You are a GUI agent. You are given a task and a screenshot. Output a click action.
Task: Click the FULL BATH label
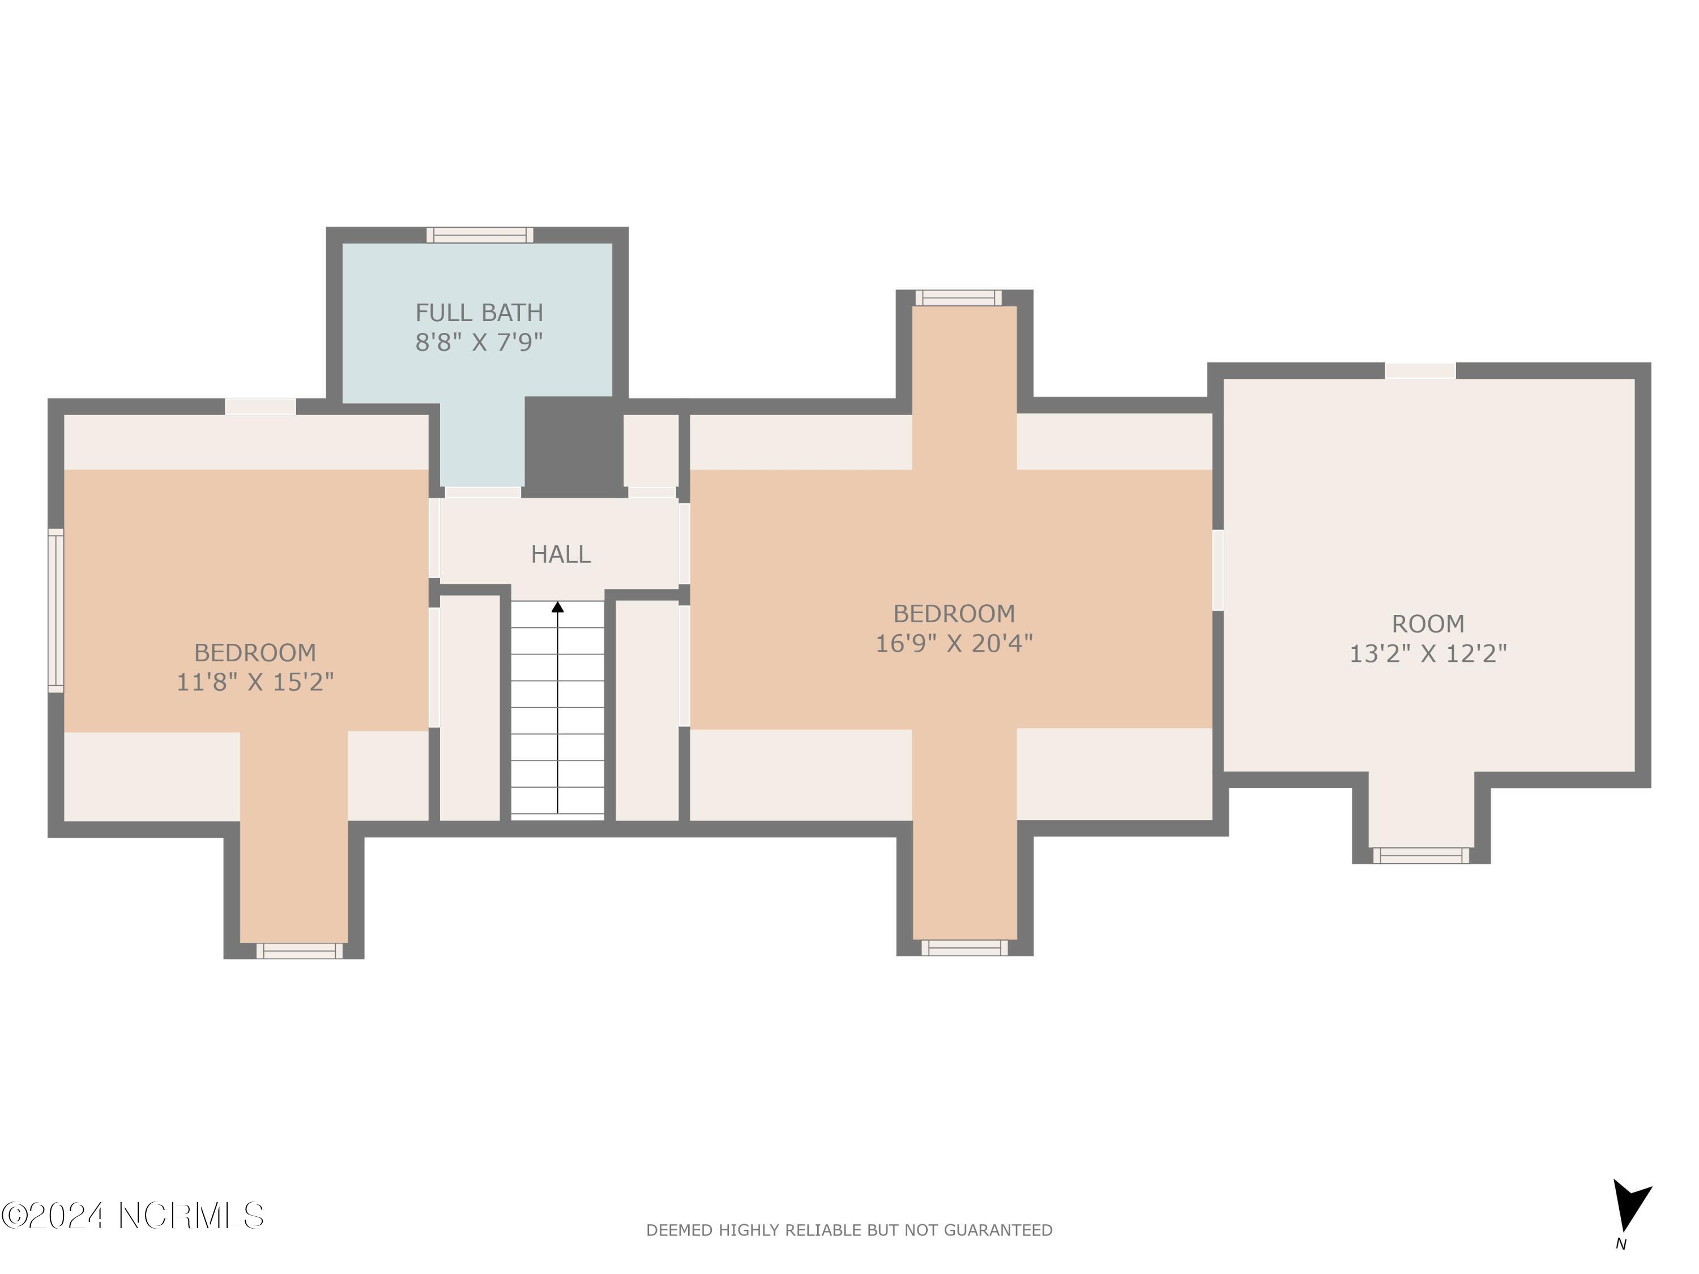click(x=479, y=313)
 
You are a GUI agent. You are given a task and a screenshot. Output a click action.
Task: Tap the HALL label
click(x=561, y=554)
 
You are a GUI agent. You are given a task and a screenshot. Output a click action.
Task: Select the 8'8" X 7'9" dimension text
click(x=479, y=342)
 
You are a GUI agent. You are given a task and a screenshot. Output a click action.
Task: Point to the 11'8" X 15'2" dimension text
click(x=255, y=682)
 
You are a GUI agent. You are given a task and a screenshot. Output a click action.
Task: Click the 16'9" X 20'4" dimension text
click(x=954, y=643)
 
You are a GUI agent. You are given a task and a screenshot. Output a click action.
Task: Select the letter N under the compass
click(x=1621, y=1245)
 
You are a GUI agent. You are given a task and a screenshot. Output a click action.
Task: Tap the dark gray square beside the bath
click(x=574, y=447)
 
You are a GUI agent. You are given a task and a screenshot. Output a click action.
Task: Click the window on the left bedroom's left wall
click(x=56, y=610)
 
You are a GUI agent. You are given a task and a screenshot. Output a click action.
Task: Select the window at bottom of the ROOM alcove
click(x=1421, y=856)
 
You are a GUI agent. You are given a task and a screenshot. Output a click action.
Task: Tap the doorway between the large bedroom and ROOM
click(x=1218, y=571)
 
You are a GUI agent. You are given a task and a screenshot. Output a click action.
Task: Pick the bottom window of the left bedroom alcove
click(x=300, y=951)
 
